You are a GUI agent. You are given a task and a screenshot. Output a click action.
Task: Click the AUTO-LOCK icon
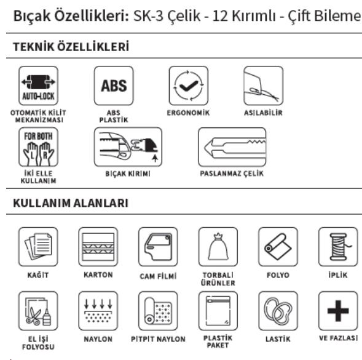click(x=38, y=86)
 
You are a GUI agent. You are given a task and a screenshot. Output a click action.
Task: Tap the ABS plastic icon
click(x=114, y=86)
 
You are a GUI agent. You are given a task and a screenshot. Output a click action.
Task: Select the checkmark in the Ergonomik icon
click(x=189, y=86)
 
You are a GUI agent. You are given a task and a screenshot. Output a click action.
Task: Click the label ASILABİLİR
click(x=263, y=113)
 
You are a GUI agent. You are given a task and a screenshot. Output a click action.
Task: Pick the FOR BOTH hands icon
click(x=38, y=147)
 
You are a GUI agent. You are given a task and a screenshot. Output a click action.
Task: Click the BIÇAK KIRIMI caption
click(x=128, y=174)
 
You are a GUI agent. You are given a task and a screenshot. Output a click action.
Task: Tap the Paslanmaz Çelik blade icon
click(x=232, y=147)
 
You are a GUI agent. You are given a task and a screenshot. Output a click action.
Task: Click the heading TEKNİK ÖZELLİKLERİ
click(x=71, y=47)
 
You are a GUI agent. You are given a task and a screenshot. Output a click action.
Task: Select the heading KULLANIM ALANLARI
click(x=71, y=203)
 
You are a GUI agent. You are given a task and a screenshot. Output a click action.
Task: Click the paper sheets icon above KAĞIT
click(x=38, y=247)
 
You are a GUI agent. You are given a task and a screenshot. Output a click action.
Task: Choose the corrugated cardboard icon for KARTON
click(x=98, y=247)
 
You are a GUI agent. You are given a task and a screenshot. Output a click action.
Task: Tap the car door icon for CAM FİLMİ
click(x=158, y=247)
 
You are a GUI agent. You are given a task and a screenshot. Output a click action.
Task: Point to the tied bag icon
click(x=218, y=247)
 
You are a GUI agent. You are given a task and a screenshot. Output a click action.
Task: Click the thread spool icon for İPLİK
click(x=338, y=247)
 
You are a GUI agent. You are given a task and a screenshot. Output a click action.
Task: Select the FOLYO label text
click(x=278, y=275)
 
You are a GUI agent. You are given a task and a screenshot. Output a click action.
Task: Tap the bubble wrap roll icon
click(x=158, y=311)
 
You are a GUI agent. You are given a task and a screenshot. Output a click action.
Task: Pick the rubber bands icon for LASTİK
click(x=278, y=311)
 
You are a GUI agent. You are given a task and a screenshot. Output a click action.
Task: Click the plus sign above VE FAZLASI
click(x=338, y=311)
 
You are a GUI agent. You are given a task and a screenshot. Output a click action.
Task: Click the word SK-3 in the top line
click(x=148, y=16)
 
